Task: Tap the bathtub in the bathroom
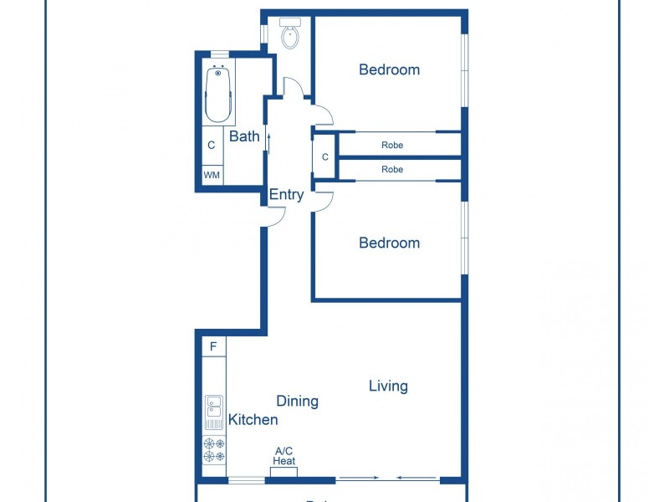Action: (218, 95)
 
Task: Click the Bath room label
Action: (244, 136)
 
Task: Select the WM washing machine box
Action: (212, 176)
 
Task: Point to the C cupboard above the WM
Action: (212, 145)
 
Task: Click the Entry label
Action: (286, 195)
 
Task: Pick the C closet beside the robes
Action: (324, 157)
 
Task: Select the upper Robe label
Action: (392, 145)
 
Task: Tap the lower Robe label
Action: (392, 169)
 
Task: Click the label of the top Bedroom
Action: (389, 69)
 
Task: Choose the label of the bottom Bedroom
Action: (389, 243)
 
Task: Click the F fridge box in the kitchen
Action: (213, 346)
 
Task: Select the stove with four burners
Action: (214, 451)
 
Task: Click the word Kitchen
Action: (253, 419)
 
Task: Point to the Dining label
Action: (297, 401)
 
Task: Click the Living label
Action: (388, 386)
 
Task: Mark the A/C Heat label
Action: (284, 456)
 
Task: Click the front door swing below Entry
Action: (275, 216)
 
